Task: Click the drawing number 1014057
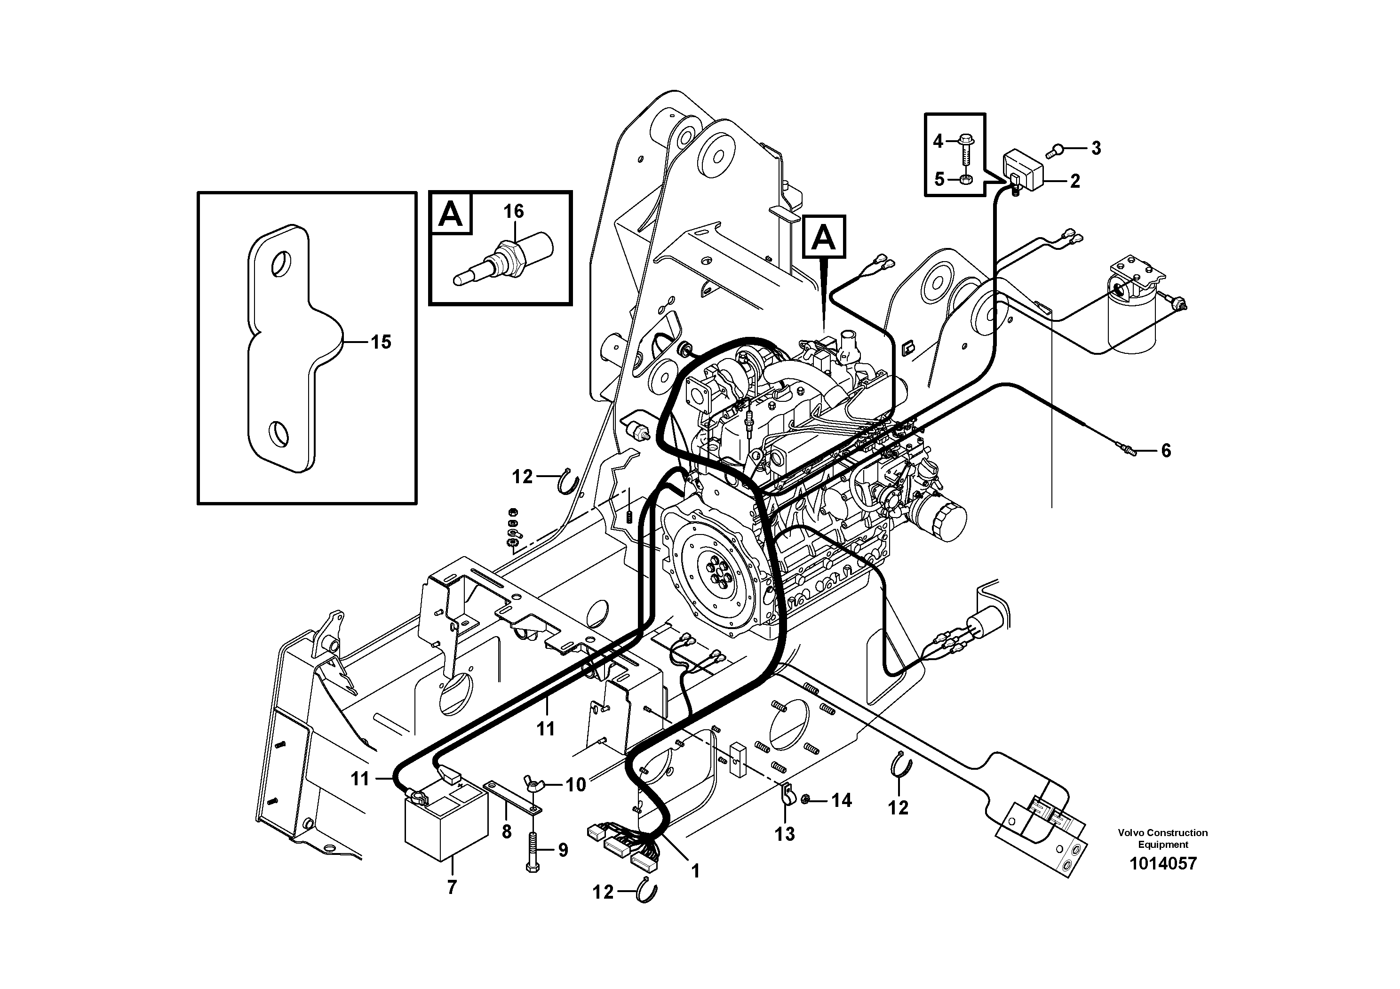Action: click(x=1163, y=863)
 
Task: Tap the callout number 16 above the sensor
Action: click(x=513, y=212)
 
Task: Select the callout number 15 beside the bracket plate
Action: click(x=381, y=342)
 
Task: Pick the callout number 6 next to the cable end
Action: click(x=1165, y=451)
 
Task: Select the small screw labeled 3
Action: click(x=1058, y=148)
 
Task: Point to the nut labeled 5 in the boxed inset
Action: click(x=966, y=179)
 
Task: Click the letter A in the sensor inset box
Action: click(x=451, y=214)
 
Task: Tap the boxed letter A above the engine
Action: click(x=824, y=237)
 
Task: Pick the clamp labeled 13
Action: click(x=787, y=798)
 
